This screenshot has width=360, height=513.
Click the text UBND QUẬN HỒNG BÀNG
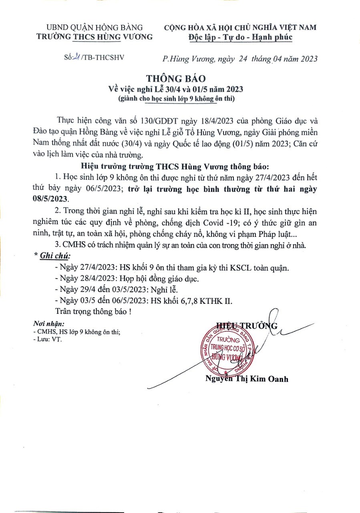95,28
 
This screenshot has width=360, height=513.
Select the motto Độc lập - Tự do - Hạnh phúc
240,37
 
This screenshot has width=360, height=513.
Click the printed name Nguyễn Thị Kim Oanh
247,379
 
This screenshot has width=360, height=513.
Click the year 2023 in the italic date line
306,59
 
